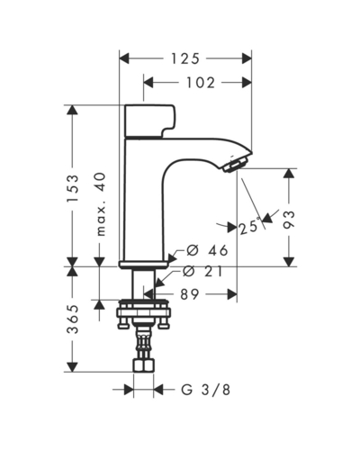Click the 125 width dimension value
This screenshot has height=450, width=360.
185,58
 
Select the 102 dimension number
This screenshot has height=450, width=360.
201,83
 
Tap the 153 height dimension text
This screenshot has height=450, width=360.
73,188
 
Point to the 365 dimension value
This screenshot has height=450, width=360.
73,319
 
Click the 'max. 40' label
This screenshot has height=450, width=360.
101,204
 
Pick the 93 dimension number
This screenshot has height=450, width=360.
289,220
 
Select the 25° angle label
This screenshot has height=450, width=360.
249,227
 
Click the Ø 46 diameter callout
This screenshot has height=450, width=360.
207,250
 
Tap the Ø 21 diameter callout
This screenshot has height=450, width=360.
202,272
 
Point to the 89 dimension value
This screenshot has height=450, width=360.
190,294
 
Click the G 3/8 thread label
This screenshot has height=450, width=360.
206,390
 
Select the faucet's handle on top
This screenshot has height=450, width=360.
149,121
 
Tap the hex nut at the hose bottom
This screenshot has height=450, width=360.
143,365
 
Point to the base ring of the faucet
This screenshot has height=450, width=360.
144,265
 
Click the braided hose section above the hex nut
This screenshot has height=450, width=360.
143,343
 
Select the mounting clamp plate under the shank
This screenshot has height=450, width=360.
144,312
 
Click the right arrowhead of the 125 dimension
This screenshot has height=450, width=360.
247,58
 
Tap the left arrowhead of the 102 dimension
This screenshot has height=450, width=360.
148,82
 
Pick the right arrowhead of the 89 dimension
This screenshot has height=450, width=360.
232,294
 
